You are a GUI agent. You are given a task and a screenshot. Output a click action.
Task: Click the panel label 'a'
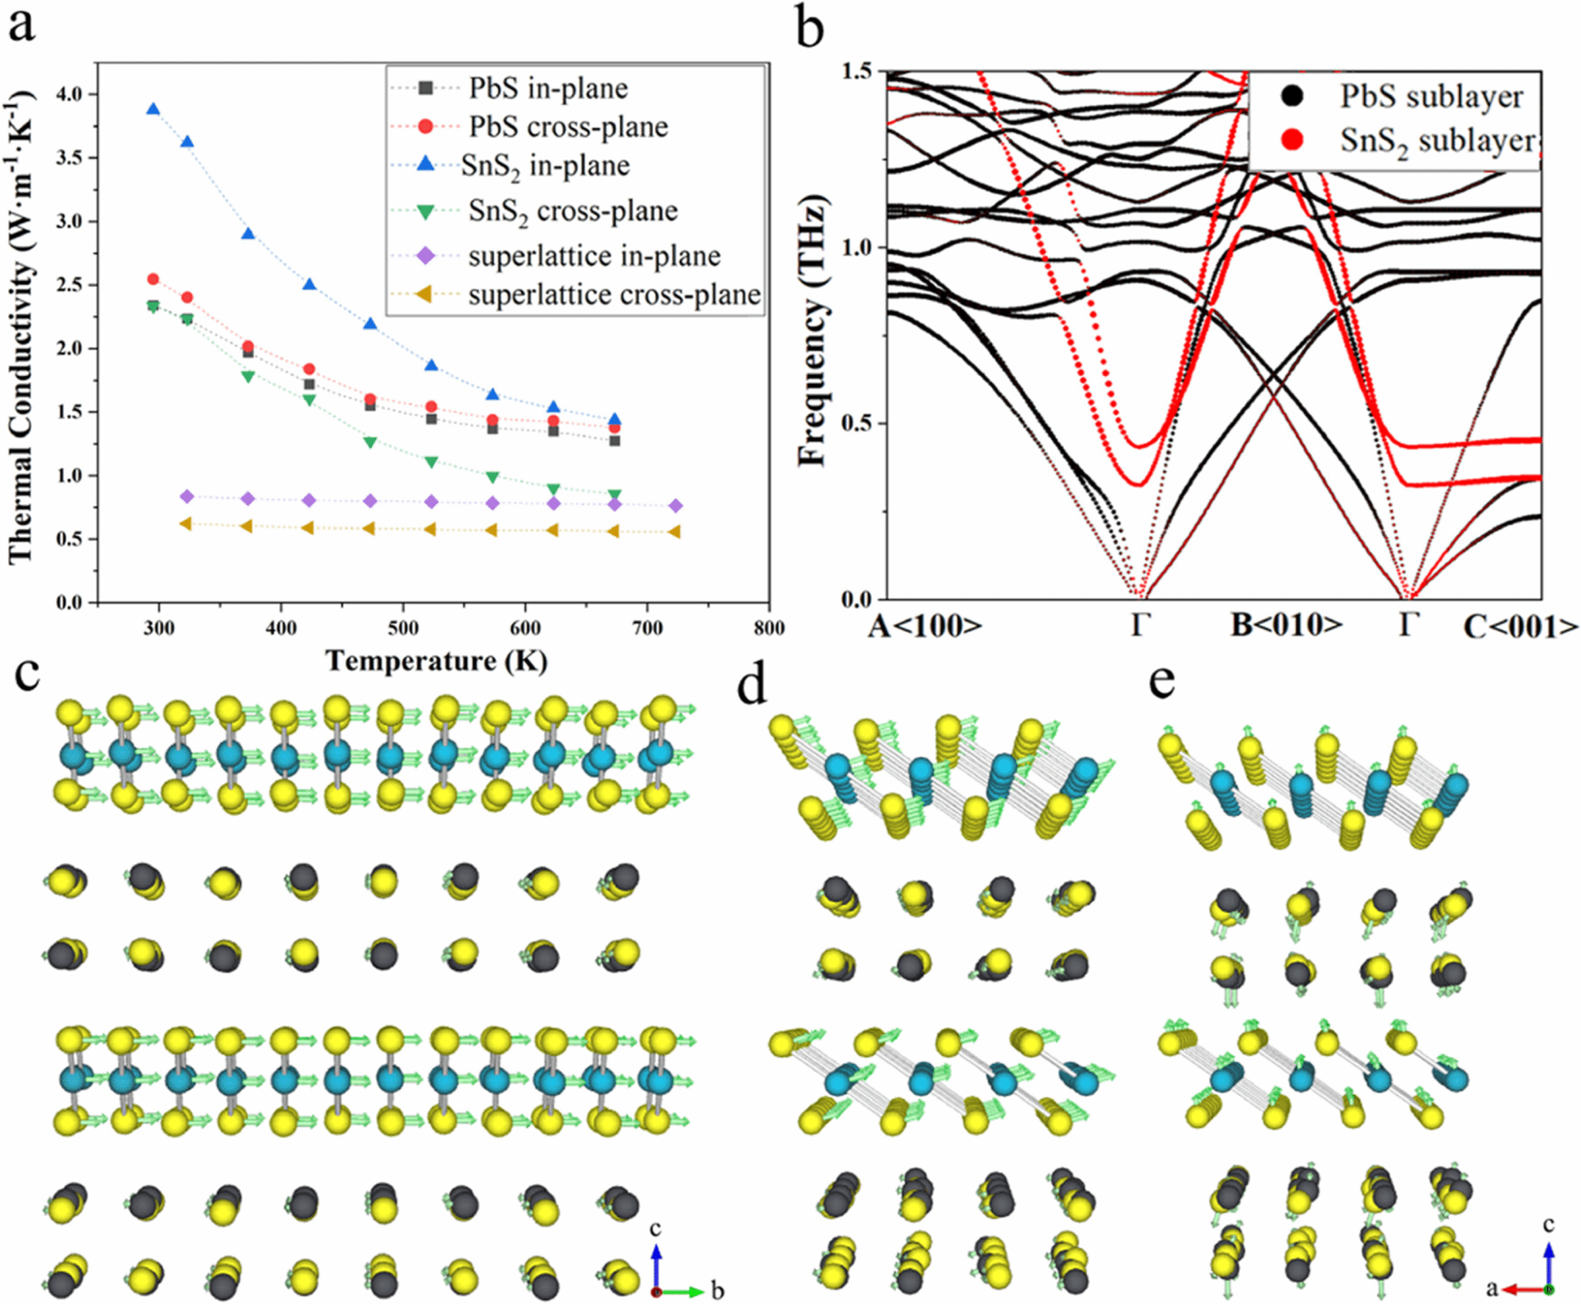pyautogui.click(x=22, y=25)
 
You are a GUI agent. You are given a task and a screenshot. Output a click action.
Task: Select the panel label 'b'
pyautogui.click(x=810, y=29)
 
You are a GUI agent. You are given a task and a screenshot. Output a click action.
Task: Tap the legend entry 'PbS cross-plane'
pyautogui.click(x=568, y=127)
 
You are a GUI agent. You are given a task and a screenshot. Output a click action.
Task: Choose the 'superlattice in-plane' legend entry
pyautogui.click(x=594, y=256)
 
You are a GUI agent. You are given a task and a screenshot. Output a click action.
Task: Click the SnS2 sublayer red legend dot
pyautogui.click(x=1292, y=140)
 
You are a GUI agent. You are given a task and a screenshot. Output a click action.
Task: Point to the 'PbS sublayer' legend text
pyautogui.click(x=1431, y=97)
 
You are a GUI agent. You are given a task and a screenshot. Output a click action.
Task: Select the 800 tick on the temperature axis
pyautogui.click(x=769, y=628)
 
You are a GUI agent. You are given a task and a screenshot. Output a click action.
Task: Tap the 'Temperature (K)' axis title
pyautogui.click(x=436, y=661)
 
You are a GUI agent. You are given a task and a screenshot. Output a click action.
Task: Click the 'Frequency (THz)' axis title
pyautogui.click(x=812, y=332)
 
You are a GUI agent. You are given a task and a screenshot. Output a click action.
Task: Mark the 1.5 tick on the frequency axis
pyautogui.click(x=856, y=71)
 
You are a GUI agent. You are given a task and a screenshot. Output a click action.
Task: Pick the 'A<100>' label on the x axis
pyautogui.click(x=925, y=626)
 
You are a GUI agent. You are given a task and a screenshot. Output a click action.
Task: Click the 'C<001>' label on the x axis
pyautogui.click(x=1520, y=628)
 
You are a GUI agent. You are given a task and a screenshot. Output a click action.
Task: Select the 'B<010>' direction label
pyautogui.click(x=1286, y=625)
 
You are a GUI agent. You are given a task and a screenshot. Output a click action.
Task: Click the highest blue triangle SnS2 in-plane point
pyautogui.click(x=154, y=110)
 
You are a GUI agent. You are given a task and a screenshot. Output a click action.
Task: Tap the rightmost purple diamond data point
pyautogui.click(x=675, y=506)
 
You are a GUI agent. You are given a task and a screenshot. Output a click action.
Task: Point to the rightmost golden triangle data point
pyautogui.click(x=674, y=532)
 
